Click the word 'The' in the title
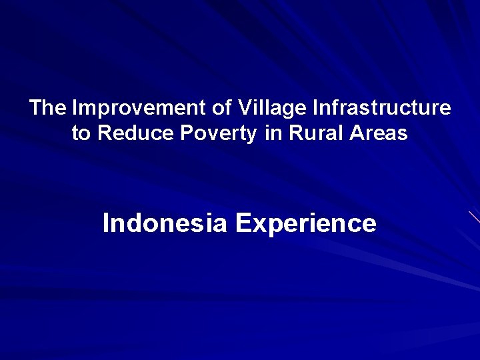pos(47,107)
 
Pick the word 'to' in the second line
pos(81,133)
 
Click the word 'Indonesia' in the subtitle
pos(165,223)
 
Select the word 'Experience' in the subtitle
pos(305,223)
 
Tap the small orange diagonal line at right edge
pos(474,217)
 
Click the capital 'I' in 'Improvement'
pos(74,107)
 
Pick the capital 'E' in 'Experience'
pos(242,223)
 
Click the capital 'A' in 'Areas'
pos(353,133)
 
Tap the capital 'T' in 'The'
pos(36,107)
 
